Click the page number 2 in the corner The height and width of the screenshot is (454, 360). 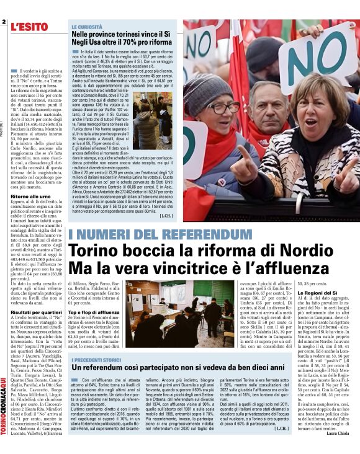pyautogui.click(x=4, y=23)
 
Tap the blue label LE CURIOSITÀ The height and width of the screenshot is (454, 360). pyautogui.click(x=87, y=27)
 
